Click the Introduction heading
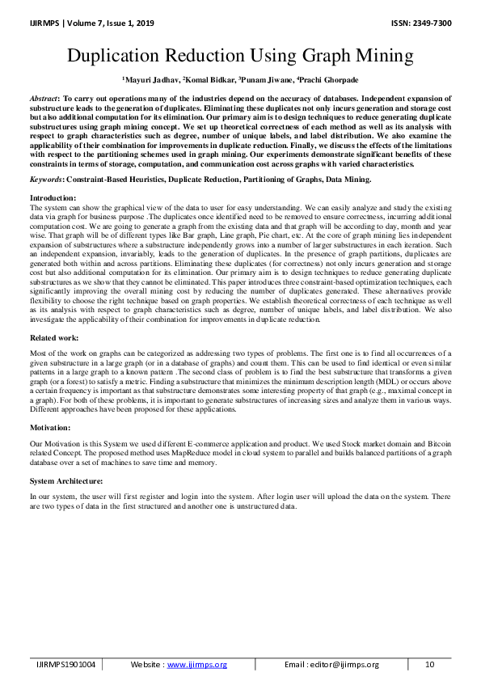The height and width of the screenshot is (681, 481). click(x=53, y=198)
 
